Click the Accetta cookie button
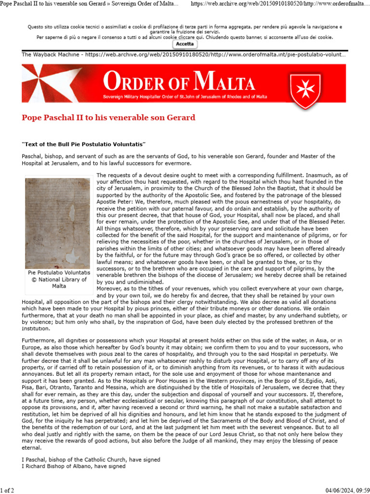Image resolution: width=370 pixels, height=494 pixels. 185,44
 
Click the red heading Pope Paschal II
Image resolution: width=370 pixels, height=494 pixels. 108,118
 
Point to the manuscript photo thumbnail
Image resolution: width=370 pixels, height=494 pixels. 57,223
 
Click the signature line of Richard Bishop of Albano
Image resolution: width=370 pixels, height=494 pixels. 74,467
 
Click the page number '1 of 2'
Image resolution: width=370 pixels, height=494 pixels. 8,490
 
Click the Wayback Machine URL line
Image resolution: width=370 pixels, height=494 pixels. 184,55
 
